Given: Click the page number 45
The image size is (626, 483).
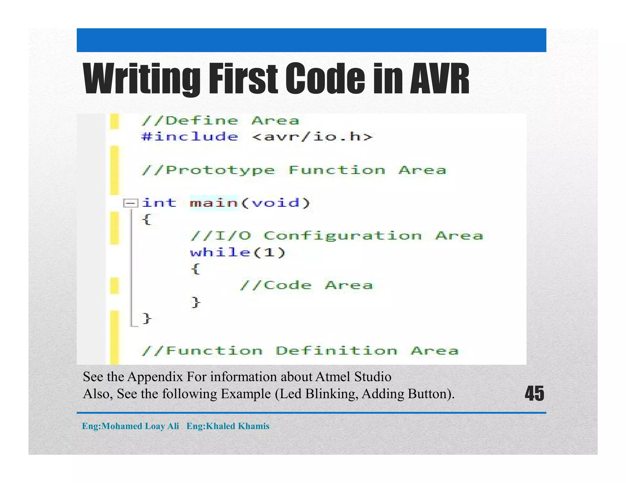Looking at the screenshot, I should [534, 394].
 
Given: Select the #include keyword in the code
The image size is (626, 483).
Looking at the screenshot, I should [190, 136].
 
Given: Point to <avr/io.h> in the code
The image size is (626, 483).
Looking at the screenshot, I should [312, 136].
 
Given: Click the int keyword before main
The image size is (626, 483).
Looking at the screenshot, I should [159, 203].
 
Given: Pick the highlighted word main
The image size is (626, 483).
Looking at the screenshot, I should [214, 203].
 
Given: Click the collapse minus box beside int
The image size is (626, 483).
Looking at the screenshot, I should [131, 203].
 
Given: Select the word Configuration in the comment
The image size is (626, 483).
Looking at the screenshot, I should [343, 236].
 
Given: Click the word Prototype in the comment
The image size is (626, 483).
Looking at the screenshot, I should [220, 170].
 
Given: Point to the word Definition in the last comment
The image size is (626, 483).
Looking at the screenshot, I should [336, 350].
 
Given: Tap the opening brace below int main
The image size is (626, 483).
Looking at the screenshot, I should [147, 219].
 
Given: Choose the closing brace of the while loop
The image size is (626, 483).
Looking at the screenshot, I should [196, 302].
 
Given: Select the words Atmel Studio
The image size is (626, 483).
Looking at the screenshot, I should [353, 377].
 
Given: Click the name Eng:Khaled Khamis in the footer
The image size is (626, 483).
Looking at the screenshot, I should [228, 426].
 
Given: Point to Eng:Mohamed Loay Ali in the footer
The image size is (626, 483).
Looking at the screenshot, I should [131, 426].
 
